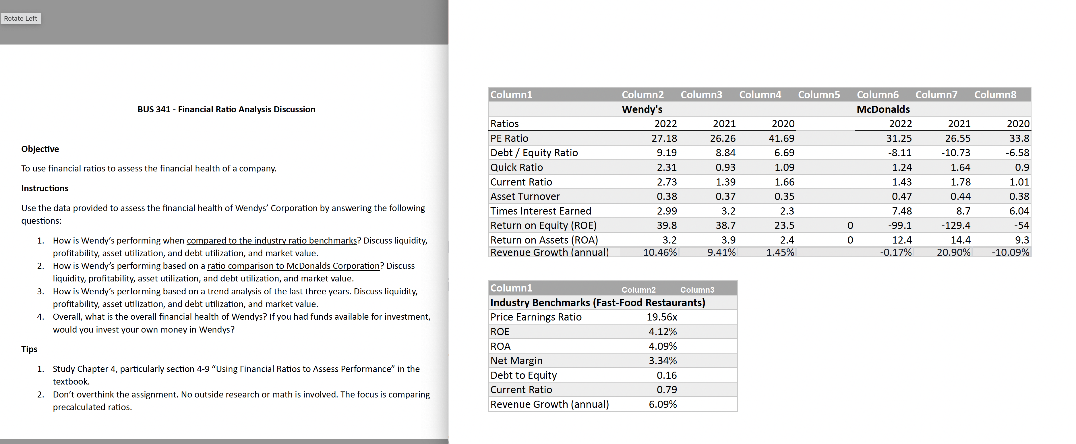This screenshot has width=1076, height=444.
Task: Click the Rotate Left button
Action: pos(20,18)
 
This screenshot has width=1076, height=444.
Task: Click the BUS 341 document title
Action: pos(227,109)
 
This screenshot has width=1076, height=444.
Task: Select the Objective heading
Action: pos(40,149)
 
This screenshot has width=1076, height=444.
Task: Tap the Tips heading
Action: pos(29,349)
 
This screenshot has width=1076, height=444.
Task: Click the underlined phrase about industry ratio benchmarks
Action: pos(272,241)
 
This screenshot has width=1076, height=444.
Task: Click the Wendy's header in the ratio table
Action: pos(642,109)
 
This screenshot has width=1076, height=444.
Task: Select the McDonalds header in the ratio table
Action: pos(883,109)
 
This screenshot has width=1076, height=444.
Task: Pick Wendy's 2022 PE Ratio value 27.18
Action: pos(664,138)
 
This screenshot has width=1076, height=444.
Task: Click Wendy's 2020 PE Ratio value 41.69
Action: pos(781,138)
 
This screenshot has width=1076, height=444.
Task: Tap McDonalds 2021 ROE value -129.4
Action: pos(956,225)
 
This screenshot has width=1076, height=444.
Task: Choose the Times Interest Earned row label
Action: pos(541,211)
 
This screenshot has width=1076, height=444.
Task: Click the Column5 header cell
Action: pos(819,95)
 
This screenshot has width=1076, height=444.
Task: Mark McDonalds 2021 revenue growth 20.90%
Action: pos(954,252)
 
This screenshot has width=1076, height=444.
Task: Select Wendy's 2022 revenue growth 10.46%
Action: pos(660,252)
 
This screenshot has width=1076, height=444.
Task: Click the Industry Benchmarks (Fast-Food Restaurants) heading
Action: pos(598,302)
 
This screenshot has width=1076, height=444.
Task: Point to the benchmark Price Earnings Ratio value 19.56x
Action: pos(662,317)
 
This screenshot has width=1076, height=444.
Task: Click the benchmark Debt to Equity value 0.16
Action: pos(667,375)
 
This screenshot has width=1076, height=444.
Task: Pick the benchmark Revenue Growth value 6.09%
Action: pos(663,404)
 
